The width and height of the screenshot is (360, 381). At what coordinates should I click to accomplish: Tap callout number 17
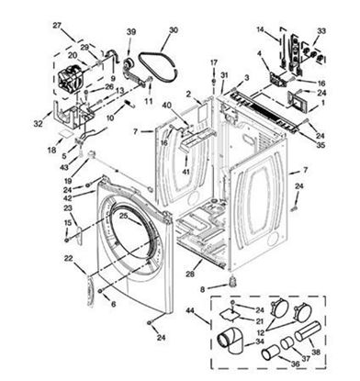click(213, 62)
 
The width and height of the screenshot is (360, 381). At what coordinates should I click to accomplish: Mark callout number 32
click(37, 122)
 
